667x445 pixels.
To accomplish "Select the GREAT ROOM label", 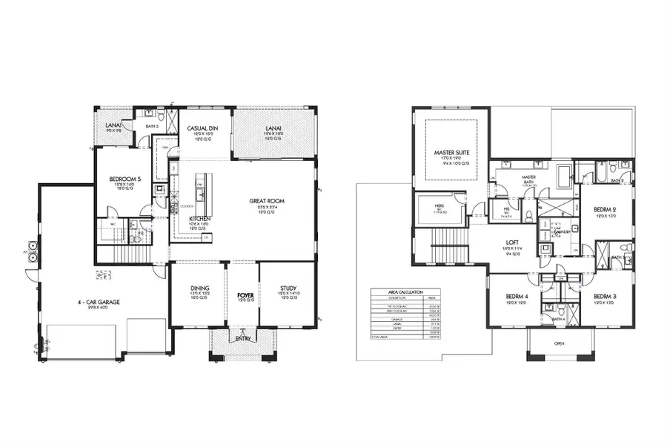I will [x=266, y=201].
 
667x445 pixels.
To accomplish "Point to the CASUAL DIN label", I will [x=200, y=128].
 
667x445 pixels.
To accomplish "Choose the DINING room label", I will [x=199, y=288].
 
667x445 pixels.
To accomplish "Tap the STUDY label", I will [x=288, y=288].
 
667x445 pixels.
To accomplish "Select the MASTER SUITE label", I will [x=452, y=153].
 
